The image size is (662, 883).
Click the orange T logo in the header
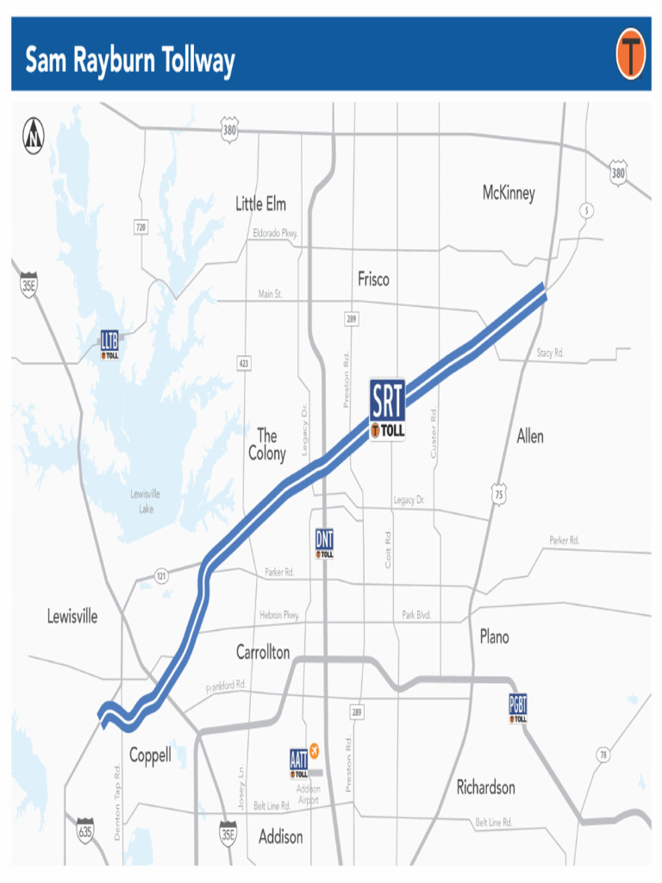(x=630, y=54)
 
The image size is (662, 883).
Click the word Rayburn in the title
(x=121, y=62)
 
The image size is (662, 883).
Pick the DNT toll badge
(x=324, y=544)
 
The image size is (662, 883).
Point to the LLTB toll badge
(x=109, y=343)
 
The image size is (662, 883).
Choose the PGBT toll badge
(x=518, y=708)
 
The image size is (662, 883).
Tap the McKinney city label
(x=509, y=193)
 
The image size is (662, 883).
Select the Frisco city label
(x=373, y=279)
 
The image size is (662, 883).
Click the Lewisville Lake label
(x=146, y=501)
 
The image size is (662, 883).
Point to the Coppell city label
(x=150, y=755)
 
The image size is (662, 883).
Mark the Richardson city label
(x=485, y=787)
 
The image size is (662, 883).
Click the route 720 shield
(x=140, y=227)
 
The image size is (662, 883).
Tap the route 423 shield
(x=244, y=364)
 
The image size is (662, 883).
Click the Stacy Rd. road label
(x=550, y=353)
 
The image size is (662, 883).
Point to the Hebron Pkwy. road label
(x=279, y=615)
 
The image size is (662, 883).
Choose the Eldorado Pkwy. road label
(x=275, y=233)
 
